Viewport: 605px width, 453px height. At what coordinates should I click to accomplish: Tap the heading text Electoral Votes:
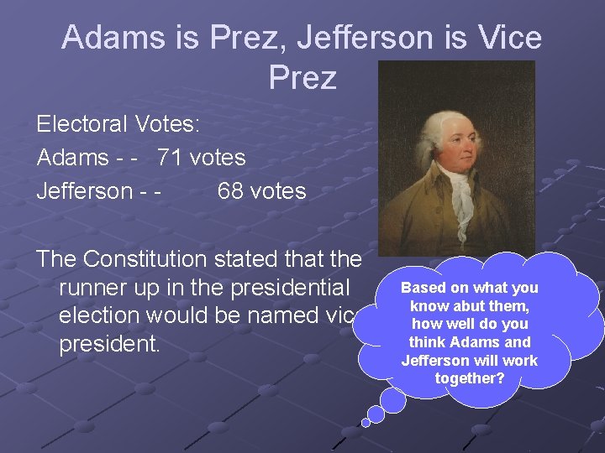pos(118,124)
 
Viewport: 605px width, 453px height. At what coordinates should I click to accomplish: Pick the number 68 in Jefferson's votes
pos(232,191)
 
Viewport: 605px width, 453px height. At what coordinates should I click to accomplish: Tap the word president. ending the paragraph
pos(109,345)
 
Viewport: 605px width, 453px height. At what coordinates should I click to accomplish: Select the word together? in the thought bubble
pos(469,378)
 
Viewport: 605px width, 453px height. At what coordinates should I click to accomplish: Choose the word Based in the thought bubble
pos(422,288)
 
